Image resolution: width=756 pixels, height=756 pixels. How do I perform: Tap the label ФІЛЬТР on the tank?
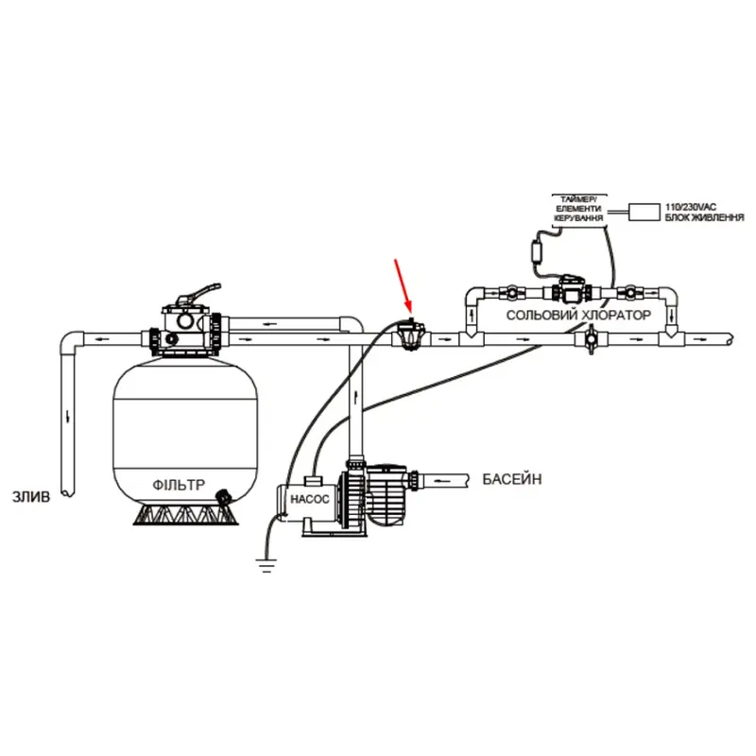point(179,485)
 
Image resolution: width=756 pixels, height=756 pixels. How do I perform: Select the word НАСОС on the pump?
point(310,499)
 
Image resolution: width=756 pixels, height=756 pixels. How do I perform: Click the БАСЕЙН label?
point(512,479)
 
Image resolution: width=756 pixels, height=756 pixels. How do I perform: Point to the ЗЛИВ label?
point(31,497)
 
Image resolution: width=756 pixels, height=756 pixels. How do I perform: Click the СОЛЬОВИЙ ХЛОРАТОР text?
point(578,316)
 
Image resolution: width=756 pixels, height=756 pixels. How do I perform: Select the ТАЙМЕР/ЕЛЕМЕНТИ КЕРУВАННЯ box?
point(578,209)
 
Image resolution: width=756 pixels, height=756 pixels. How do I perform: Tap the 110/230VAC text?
point(691,207)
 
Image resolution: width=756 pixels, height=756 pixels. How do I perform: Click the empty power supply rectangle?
point(644,212)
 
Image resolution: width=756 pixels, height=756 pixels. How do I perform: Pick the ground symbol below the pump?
point(266,564)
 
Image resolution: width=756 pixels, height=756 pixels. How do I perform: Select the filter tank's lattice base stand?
point(185,514)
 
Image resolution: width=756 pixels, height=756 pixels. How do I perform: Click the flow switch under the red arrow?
point(410,334)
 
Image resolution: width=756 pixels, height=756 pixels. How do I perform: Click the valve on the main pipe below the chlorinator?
point(590,339)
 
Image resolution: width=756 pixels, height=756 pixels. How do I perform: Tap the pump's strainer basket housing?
point(388,494)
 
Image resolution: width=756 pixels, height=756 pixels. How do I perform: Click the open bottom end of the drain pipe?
point(68,493)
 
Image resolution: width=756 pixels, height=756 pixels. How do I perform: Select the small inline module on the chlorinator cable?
point(537,250)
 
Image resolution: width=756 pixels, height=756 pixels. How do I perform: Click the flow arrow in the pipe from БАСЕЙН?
point(442,481)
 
